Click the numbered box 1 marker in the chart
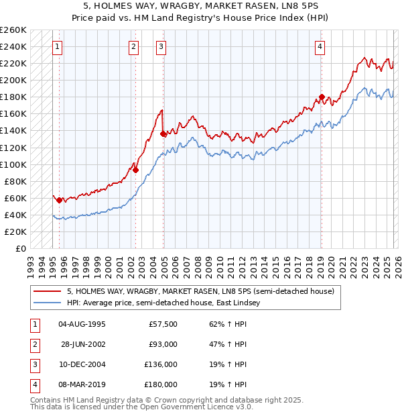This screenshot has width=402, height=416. click(58, 46)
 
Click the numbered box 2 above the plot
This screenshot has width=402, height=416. click(134, 46)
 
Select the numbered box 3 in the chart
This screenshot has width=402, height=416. click(161, 46)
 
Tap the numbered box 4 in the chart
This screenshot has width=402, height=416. click(320, 46)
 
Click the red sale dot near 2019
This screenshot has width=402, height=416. click(322, 97)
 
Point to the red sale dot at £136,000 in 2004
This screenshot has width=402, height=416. click(163, 134)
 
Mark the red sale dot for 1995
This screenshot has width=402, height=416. click(59, 200)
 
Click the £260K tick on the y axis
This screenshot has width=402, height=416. click(13, 30)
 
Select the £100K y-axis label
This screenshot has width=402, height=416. click(13, 164)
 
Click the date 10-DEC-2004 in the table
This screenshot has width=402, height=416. click(82, 364)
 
